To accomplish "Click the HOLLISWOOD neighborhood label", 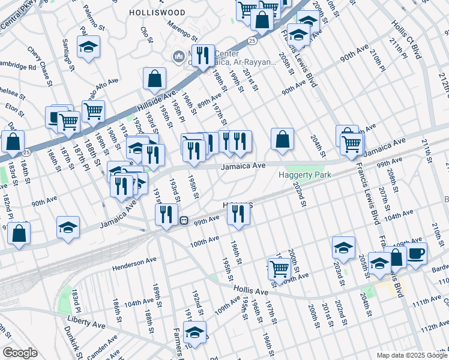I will click(157, 11).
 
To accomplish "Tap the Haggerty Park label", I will click(304, 175).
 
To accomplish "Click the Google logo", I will click(19, 353).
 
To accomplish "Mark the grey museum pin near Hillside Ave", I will click(178, 58).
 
